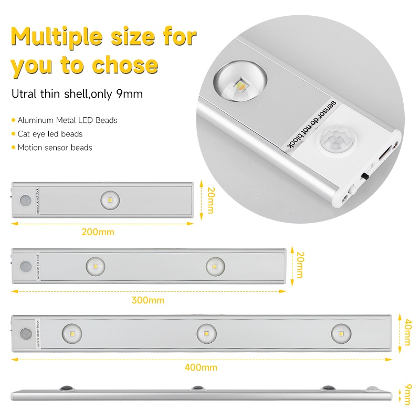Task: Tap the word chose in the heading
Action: (125, 65)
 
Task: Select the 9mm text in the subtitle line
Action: (129, 94)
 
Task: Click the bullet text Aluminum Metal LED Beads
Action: (67, 120)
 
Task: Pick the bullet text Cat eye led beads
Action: (50, 134)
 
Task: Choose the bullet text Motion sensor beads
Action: (55, 148)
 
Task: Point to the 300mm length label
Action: (148, 300)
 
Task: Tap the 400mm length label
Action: (201, 367)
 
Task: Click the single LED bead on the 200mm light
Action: (110, 200)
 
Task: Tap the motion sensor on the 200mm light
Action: (24, 201)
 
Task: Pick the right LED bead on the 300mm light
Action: (215, 266)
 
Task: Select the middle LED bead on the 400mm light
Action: (206, 333)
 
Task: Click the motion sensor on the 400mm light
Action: (24, 334)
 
